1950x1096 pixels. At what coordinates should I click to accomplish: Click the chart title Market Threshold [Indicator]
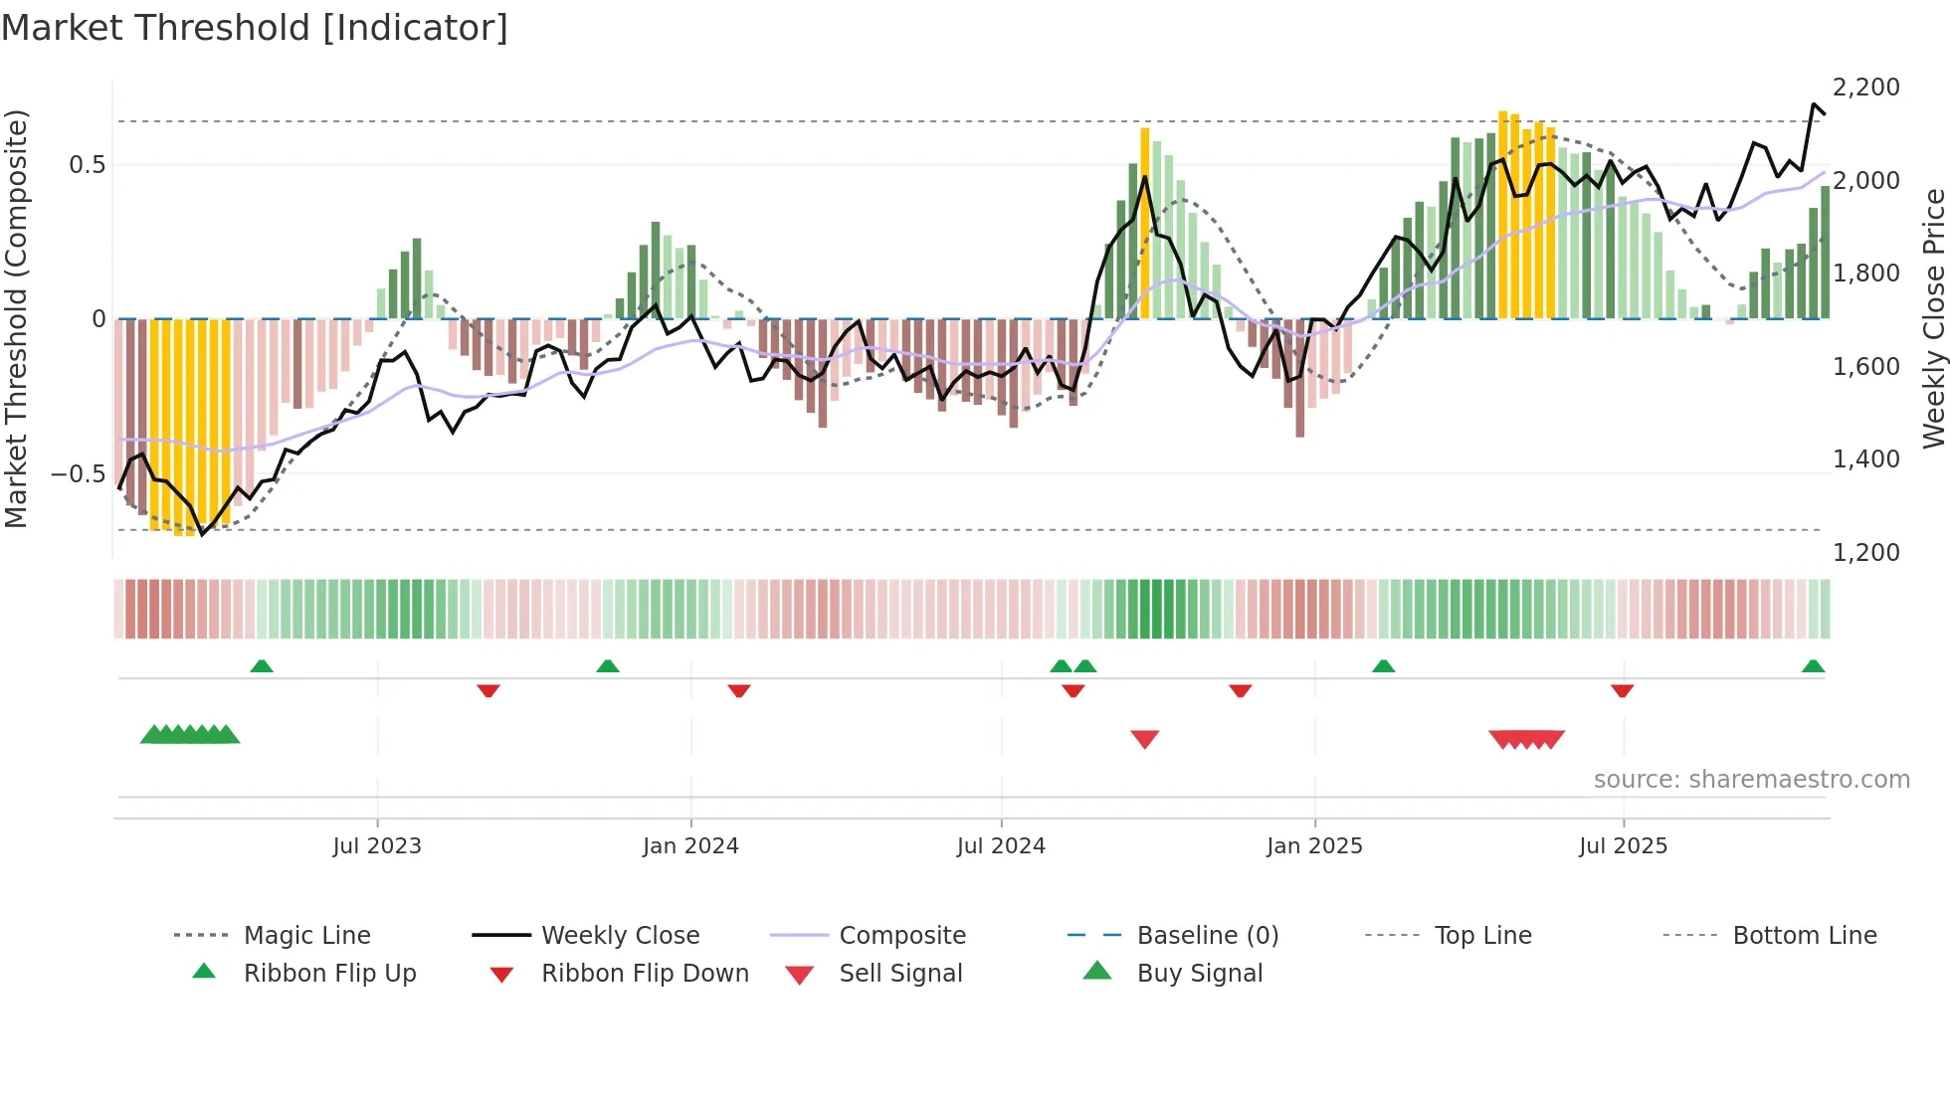pos(255,28)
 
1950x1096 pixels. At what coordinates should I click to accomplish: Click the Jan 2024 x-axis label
pos(690,846)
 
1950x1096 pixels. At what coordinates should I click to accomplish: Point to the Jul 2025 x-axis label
pos(1623,846)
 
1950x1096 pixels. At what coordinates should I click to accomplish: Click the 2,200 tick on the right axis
pos(1865,88)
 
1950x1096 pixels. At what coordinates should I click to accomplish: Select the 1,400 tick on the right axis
pos(1865,459)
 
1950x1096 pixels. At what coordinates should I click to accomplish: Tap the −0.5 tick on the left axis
pos(79,473)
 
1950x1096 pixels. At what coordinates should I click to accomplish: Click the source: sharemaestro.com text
pos(1751,780)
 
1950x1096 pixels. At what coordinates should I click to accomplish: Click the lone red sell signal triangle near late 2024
pos(1145,739)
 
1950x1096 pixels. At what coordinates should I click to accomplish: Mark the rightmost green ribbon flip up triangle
pos(1813,666)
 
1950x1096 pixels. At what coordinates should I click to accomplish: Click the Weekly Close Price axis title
pos(1933,318)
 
